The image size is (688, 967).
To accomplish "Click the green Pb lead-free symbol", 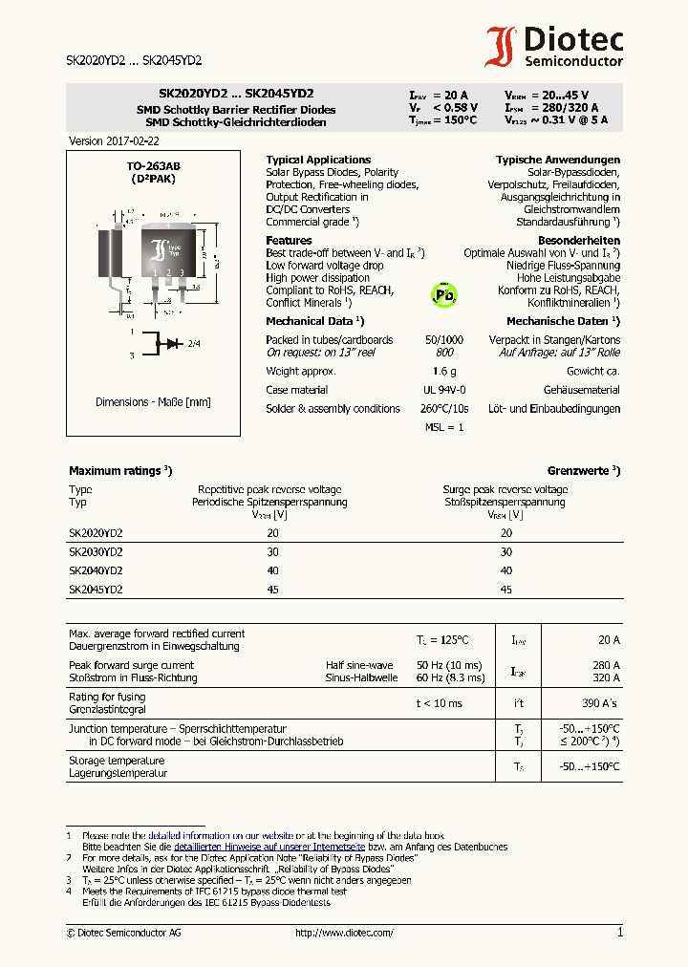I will pyautogui.click(x=444, y=294).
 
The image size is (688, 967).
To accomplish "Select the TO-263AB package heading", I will pyautogui.click(x=153, y=166).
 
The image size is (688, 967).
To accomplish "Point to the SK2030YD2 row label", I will pyautogui.click(x=96, y=551).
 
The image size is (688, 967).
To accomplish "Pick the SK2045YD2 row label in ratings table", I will pyautogui.click(x=96, y=590).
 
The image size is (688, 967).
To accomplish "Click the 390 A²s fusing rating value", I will pyautogui.click(x=597, y=703).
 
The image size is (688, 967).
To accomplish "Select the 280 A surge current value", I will pyautogui.click(x=605, y=665).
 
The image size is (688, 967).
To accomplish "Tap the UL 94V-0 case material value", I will pyautogui.click(x=444, y=390).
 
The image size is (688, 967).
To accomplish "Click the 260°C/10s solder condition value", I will pyautogui.click(x=444, y=409).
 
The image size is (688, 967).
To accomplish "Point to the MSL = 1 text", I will pyautogui.click(x=444, y=427).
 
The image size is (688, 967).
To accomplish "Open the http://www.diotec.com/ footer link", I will pyautogui.click(x=344, y=933).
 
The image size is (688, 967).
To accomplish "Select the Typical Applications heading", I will pyautogui.click(x=318, y=160).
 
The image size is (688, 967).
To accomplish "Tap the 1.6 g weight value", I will pyautogui.click(x=444, y=371).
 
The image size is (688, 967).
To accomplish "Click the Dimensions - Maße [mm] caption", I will pyautogui.click(x=153, y=402).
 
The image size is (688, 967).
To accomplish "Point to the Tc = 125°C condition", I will pyautogui.click(x=441, y=639).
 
